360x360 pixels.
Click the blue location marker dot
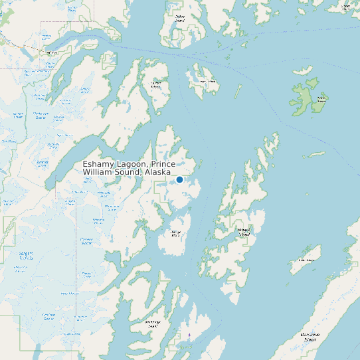(x=179, y=179)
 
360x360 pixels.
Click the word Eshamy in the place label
(x=98, y=164)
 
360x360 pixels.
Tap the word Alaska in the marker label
(x=156, y=172)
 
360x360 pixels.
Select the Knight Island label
(x=244, y=232)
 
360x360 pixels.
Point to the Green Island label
(x=306, y=260)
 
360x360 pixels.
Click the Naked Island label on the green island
(x=321, y=100)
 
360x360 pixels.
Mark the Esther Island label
(x=179, y=19)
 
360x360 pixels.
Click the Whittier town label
(x=48, y=51)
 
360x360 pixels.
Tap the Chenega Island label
(x=175, y=234)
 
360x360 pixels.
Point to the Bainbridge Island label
(x=153, y=323)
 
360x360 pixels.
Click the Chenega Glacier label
(x=86, y=242)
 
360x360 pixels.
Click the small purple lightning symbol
(x=189, y=335)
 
